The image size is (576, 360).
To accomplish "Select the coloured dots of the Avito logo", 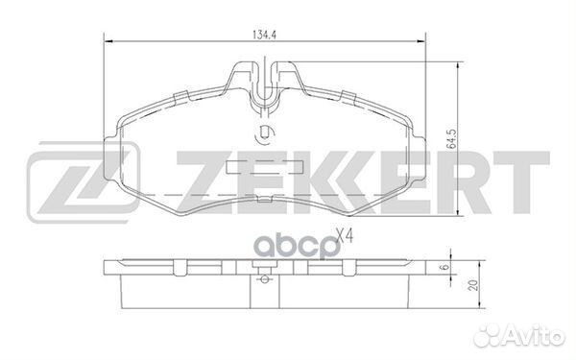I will click(496, 335).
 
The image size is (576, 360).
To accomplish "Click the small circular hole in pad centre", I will click(265, 134).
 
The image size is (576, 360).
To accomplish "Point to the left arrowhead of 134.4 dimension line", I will click(107, 42).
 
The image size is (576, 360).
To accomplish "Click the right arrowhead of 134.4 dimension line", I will click(421, 42).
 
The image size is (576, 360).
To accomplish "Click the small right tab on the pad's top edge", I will click(346, 95).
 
